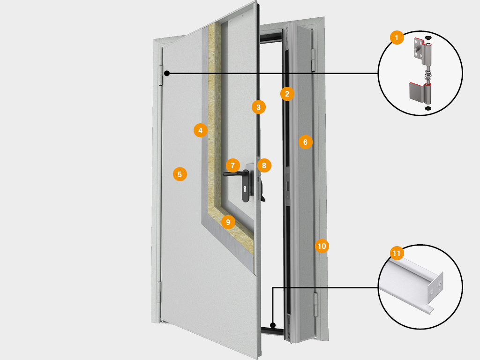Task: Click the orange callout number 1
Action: pyautogui.click(x=397, y=37)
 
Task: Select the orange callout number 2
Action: pyautogui.click(x=287, y=93)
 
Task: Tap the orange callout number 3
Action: pyautogui.click(x=258, y=107)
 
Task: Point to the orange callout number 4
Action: pyautogui.click(x=201, y=130)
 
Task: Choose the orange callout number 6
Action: pyautogui.click(x=305, y=142)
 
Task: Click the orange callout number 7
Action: pyautogui.click(x=233, y=165)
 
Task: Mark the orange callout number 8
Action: pyautogui.click(x=264, y=165)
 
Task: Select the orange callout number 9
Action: pyautogui.click(x=228, y=222)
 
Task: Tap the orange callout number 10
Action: pyautogui.click(x=322, y=246)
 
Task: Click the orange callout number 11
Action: pyautogui.click(x=397, y=254)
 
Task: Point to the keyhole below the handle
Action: pyautogui.click(x=245, y=189)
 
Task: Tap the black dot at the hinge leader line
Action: pyautogui.click(x=167, y=73)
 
